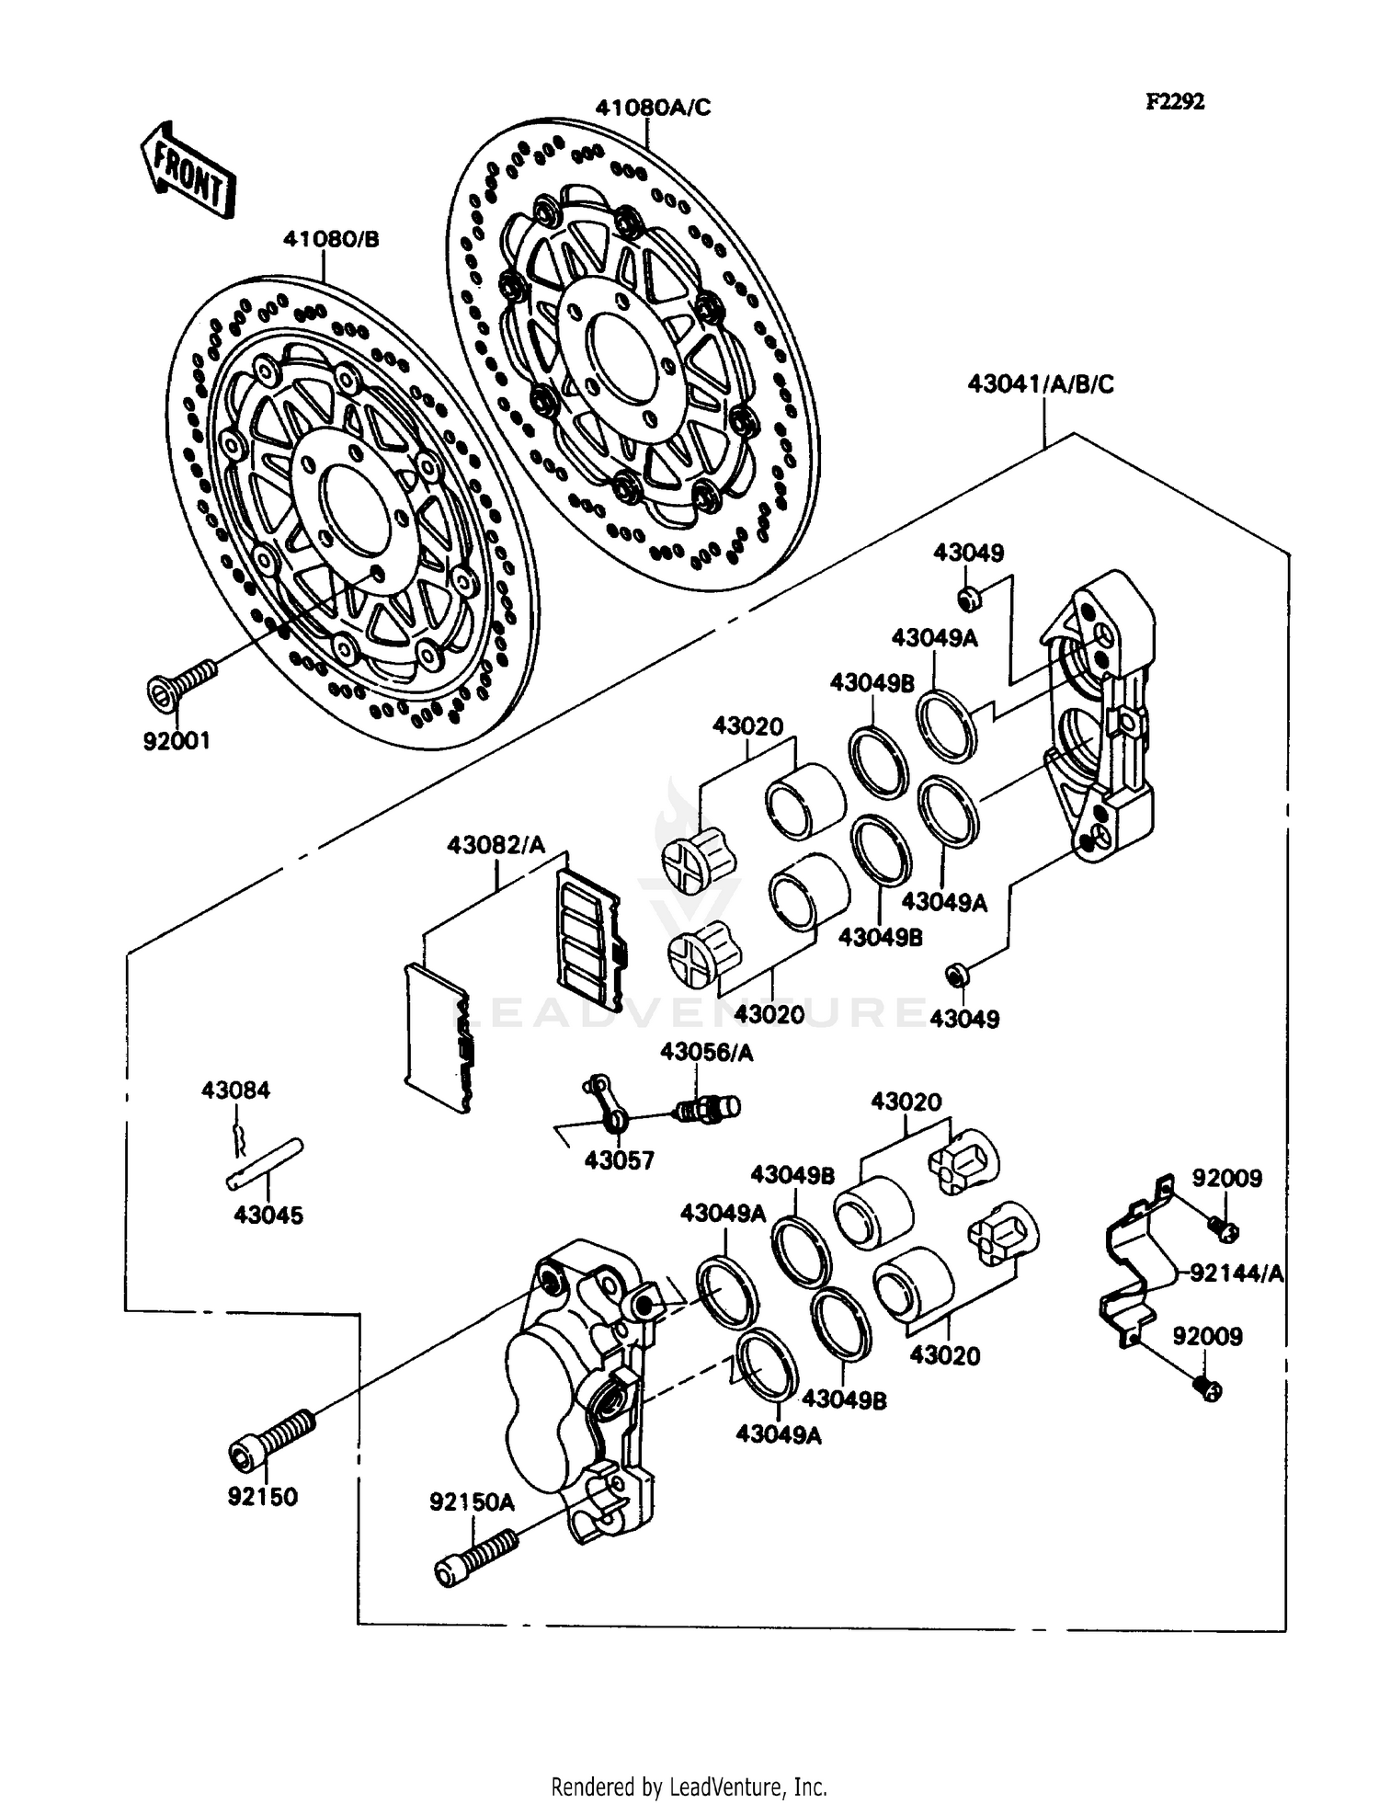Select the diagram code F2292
pyautogui.click(x=1174, y=102)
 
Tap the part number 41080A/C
pyautogui.click(x=652, y=108)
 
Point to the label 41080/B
pyautogui.click(x=331, y=240)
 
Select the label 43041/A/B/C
pyautogui.click(x=1040, y=384)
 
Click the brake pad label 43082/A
pyautogui.click(x=496, y=844)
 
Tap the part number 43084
pyautogui.click(x=236, y=1090)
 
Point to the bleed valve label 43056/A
pyautogui.click(x=706, y=1053)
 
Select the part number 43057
pyautogui.click(x=620, y=1160)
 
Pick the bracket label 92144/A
pyautogui.click(x=1236, y=1273)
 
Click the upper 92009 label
pyautogui.click(x=1226, y=1178)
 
